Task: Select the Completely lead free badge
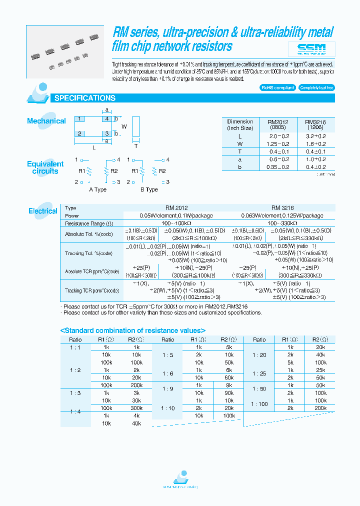coord(316,87)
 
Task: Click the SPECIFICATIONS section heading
coord(84,98)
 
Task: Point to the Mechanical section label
coord(46,121)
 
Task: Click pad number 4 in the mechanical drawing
coord(106,119)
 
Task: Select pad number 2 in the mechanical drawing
coord(79,133)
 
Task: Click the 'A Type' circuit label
coord(98,189)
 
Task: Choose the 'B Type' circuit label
coord(149,189)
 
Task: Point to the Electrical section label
coord(43,211)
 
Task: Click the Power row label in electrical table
coord(72,215)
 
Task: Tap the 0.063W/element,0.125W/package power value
coord(283,215)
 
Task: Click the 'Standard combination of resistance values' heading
coord(126,330)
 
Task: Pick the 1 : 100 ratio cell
coord(259,404)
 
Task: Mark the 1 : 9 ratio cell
coord(167,389)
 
